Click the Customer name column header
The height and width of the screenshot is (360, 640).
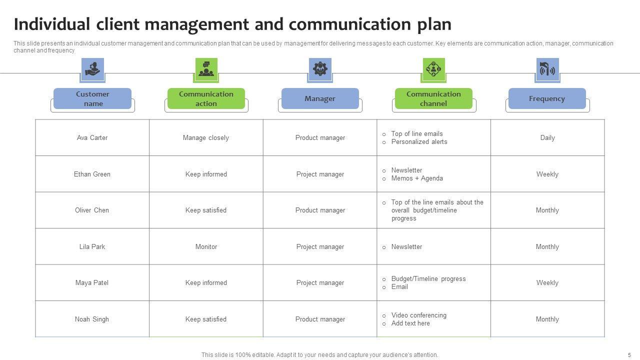[x=92, y=98]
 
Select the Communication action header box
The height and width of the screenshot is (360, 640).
[x=206, y=98]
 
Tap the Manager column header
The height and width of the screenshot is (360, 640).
[x=320, y=98]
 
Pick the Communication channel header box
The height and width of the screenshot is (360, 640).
[x=433, y=98]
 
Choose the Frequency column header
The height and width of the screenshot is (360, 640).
[x=547, y=98]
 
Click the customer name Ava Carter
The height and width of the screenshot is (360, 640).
[x=92, y=137]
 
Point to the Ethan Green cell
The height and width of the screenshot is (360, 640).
[x=92, y=174]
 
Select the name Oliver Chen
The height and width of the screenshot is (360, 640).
[x=92, y=210]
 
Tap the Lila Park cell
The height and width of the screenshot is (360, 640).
[x=92, y=246]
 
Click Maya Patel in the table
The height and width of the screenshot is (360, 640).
[x=92, y=282]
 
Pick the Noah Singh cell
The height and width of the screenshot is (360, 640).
[x=92, y=319]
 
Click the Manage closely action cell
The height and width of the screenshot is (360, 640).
[x=206, y=137]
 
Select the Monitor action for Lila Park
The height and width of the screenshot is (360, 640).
[x=206, y=246]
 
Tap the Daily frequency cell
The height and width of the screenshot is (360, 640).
[x=547, y=137]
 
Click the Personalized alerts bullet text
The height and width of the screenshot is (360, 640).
[x=419, y=142]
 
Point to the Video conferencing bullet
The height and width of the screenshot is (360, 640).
[x=418, y=315]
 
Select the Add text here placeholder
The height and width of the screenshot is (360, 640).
[x=410, y=323]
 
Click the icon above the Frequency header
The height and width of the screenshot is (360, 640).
[x=547, y=69]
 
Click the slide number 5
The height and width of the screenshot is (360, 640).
[x=629, y=354]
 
